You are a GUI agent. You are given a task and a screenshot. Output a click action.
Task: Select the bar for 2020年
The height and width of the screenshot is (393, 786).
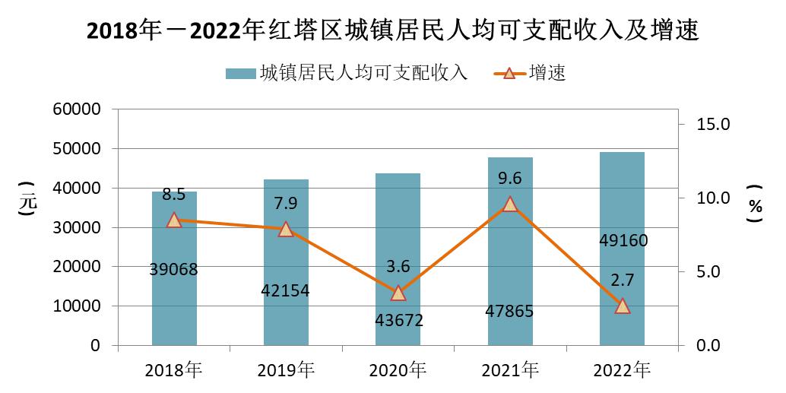(x=398, y=259)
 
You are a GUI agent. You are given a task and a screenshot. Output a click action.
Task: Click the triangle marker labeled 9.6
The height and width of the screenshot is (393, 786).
(x=510, y=204)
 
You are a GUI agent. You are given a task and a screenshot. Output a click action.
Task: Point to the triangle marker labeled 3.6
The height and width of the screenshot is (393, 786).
(x=398, y=293)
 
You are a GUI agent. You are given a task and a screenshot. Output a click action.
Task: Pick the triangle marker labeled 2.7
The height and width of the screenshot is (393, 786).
(x=622, y=306)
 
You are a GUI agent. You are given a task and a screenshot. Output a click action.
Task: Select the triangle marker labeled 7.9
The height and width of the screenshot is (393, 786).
(x=286, y=229)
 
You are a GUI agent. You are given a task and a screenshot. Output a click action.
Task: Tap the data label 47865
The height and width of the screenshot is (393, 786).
(x=510, y=311)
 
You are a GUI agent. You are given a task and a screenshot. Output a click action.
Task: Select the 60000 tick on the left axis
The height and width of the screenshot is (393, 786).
(x=78, y=109)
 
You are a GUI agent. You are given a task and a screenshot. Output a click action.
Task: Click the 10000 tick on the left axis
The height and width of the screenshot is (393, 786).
(x=78, y=306)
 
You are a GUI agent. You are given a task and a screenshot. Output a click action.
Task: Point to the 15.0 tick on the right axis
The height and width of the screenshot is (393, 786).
(x=714, y=124)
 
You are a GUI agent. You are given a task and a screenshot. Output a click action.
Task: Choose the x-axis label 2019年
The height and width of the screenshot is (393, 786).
(x=286, y=371)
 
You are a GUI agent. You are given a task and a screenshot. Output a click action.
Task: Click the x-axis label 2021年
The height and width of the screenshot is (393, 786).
(x=510, y=371)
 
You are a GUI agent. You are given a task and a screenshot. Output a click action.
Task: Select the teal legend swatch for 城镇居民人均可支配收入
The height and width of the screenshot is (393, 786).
(x=240, y=74)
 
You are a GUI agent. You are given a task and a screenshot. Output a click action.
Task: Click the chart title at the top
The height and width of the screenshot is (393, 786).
(x=393, y=30)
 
